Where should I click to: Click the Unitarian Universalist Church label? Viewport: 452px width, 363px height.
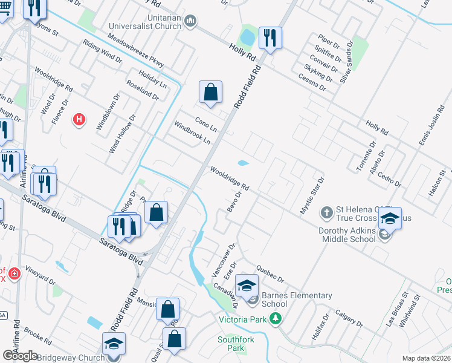pos(145,22)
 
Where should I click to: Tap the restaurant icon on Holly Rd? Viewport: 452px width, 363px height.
pos(268,38)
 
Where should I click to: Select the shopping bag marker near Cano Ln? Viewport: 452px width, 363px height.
pos(210,92)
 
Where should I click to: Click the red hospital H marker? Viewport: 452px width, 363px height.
pos(79,120)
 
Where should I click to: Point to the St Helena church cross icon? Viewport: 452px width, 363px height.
pos(326,212)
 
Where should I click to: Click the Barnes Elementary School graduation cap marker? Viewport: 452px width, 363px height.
pos(247,285)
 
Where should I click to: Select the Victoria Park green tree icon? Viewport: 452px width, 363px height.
pos(276,318)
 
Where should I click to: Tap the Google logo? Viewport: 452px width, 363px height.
pos(21,355)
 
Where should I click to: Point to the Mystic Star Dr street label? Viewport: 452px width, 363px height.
pos(312,195)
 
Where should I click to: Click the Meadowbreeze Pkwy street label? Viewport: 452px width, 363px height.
pos(136,50)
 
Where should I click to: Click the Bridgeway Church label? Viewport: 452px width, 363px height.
pos(71,358)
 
